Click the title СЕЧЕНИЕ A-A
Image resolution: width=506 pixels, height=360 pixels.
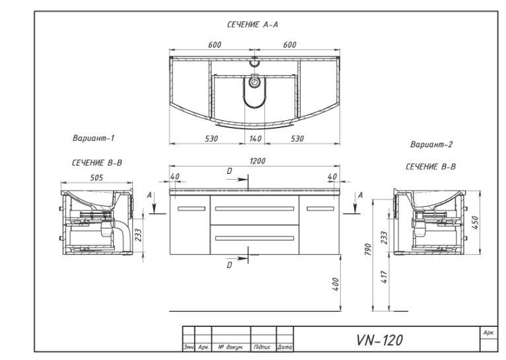tap(252, 24)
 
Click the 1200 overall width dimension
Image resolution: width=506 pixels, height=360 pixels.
tap(258, 161)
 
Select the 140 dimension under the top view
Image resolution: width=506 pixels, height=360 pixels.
tap(255, 139)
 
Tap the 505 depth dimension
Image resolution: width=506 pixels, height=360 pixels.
tap(96, 178)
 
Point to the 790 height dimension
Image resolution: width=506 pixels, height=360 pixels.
tap(368, 249)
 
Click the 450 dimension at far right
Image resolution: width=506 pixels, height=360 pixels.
tap(476, 223)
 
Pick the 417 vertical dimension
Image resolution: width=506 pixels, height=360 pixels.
tap(384, 277)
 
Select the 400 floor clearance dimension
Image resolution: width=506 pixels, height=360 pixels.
tap(336, 284)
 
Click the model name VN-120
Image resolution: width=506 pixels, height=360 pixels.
tap(379, 340)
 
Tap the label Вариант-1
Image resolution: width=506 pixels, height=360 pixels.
tap(94, 138)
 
